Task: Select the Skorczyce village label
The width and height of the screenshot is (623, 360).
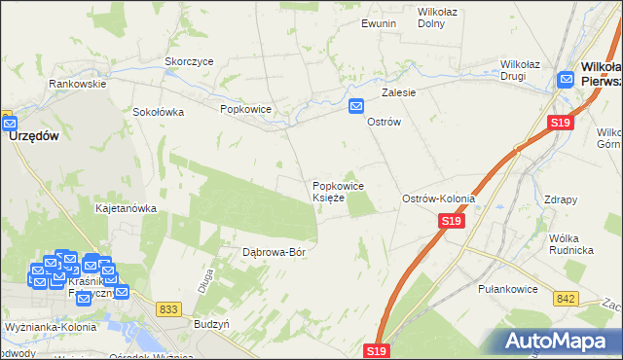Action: point(189,60)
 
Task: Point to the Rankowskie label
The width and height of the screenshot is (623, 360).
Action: point(78,84)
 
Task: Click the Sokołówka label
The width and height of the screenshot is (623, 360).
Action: point(159,111)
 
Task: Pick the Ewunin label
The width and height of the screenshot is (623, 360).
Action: point(379,22)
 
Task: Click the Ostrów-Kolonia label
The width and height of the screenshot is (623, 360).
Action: point(439,198)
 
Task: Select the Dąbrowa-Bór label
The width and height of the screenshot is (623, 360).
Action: point(275,252)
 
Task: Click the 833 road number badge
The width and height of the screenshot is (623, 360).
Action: point(168,308)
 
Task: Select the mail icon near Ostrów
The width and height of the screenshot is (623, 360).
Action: point(357,106)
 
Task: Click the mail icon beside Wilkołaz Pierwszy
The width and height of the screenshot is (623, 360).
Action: point(567,81)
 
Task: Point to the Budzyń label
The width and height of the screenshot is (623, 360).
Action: point(212,323)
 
